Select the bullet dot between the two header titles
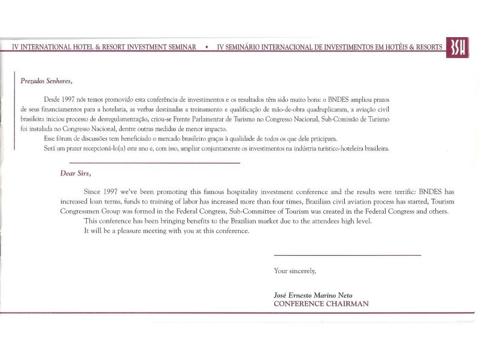coord(207,47)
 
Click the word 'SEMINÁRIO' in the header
coord(248,47)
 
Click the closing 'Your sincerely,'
coord(295,271)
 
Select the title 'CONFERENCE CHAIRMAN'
coord(321,304)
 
